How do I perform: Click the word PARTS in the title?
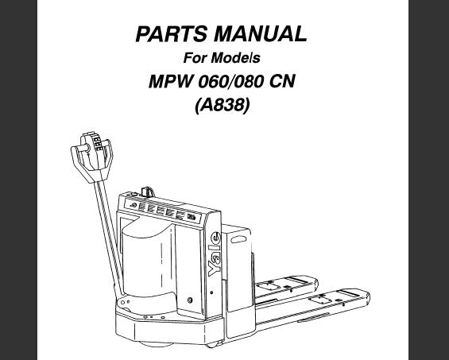171,34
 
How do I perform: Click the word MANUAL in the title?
261,34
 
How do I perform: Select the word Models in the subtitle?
235,57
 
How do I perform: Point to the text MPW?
170,81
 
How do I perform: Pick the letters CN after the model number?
282,81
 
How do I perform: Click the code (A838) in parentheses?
223,106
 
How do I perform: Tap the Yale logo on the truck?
215,254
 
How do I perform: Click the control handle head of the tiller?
92,157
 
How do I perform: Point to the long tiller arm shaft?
110,238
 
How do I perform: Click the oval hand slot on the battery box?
238,239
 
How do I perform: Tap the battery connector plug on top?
148,192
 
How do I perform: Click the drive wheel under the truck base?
156,343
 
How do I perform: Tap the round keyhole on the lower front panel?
189,300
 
